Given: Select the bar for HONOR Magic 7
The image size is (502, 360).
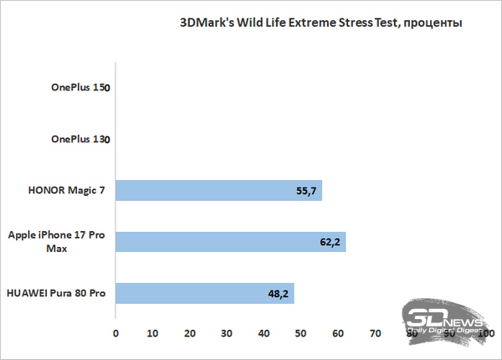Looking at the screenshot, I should coord(218,191).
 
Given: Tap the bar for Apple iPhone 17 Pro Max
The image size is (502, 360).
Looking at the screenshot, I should coord(230,242).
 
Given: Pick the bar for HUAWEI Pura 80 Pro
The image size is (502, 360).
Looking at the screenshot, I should coord(204,294).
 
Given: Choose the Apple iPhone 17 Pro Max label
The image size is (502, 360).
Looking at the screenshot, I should coord(56,243).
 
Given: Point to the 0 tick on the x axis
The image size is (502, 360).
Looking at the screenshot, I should coord(115,333).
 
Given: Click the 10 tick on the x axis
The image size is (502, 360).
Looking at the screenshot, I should coord(152,333).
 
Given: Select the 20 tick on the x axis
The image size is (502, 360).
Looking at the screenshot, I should coord(190,333).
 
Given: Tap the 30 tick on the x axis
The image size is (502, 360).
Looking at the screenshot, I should coord(227,333).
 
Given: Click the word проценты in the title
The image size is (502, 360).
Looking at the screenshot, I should coord(436,23).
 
